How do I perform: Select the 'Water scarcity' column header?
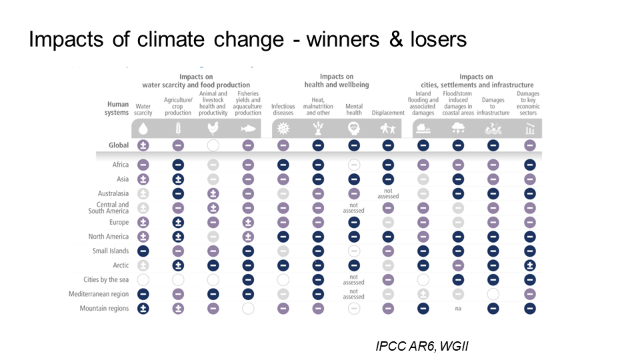click(x=143, y=109)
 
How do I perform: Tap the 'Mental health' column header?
click(x=354, y=109)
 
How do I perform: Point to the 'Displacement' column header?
click(x=388, y=113)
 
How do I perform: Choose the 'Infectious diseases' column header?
click(x=283, y=109)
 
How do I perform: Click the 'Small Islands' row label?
click(x=111, y=251)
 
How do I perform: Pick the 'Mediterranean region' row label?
click(x=99, y=294)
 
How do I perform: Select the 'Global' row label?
click(x=119, y=145)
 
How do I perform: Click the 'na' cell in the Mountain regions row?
click(x=458, y=309)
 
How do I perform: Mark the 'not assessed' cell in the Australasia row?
click(x=388, y=193)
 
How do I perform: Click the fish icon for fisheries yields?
click(x=248, y=129)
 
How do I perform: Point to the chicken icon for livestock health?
click(x=213, y=129)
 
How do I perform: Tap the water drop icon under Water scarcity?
click(x=143, y=129)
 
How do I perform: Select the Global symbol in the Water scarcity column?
click(x=143, y=145)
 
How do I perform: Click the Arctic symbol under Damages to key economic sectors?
click(x=529, y=265)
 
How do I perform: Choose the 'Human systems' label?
click(x=118, y=108)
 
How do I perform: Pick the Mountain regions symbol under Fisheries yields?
click(x=248, y=308)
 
